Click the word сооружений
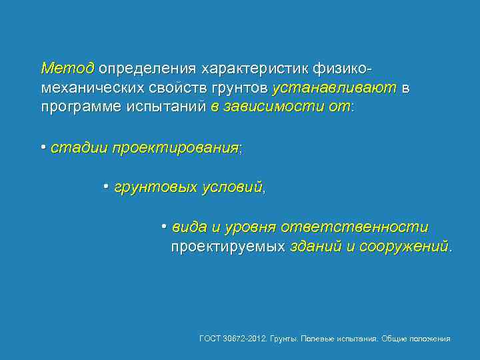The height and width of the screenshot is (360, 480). coord(405,247)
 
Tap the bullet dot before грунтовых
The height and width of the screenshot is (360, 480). coord(106,185)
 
